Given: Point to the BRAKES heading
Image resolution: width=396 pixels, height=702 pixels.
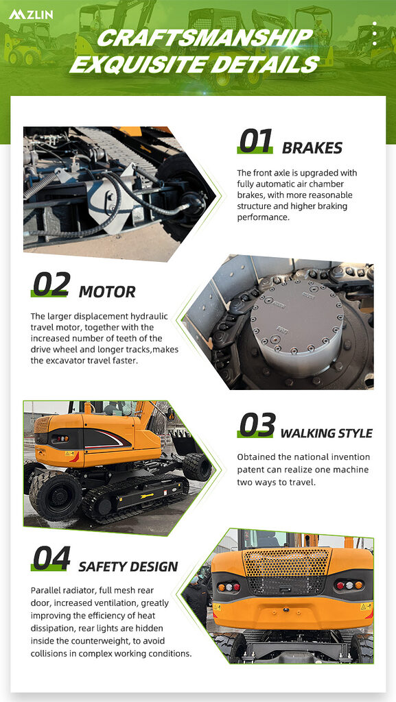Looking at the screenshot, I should [312, 148].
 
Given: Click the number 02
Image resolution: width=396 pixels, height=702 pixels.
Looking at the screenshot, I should [51, 285].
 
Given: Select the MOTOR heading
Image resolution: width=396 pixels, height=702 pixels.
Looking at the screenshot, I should [107, 292].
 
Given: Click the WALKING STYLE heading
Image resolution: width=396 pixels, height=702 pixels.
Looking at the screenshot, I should [326, 433].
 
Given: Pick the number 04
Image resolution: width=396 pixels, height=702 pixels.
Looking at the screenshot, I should [51, 559].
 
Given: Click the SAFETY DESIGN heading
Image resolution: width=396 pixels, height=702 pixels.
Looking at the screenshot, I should [128, 567].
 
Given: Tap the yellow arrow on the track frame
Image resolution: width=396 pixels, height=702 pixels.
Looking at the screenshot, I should [147, 495].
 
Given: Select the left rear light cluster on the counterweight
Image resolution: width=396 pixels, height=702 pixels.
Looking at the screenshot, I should [228, 587].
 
